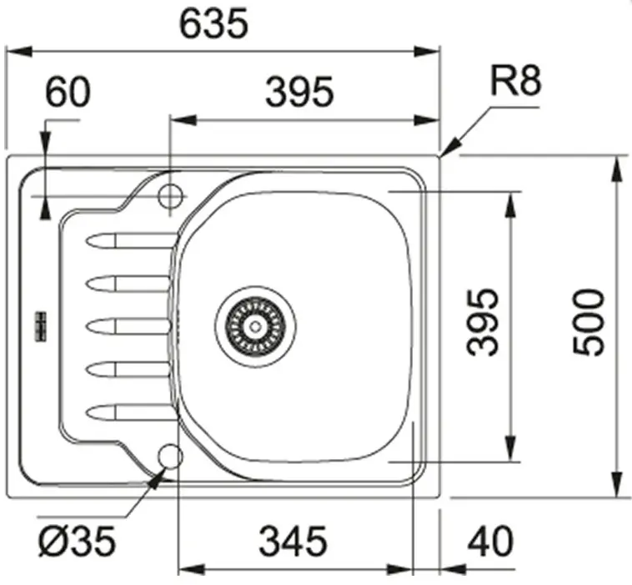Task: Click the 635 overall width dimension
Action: coord(213,24)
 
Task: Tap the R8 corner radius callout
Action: coord(515,81)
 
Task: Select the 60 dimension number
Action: coord(68,93)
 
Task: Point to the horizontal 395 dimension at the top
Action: coord(299,93)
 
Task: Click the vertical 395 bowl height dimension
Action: coord(482,322)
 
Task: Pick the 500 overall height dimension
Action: coord(589,322)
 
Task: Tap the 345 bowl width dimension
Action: coord(293,542)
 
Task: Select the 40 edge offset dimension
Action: coord(490,542)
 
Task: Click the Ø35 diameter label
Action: coord(77,542)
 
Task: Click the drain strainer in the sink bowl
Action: coord(255,326)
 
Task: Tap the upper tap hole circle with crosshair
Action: coord(170,196)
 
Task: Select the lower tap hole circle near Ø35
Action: coord(170,456)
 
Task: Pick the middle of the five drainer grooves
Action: coord(128,326)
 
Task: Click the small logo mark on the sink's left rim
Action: coord(41,327)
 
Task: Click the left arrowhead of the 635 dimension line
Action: coord(18,52)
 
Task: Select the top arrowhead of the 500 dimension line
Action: coord(616,170)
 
